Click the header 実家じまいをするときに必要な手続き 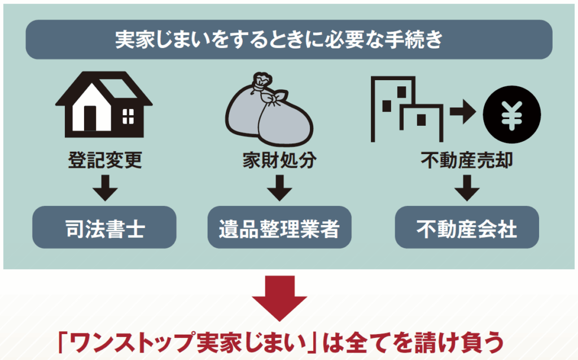[x=279, y=39]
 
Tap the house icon [x=104, y=104]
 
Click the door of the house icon [x=90, y=118]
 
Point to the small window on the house [x=128, y=116]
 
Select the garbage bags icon [x=269, y=110]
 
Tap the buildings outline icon [x=407, y=109]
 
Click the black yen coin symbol [x=512, y=114]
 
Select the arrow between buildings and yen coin [x=463, y=111]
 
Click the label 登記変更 [x=105, y=160]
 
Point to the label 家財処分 [x=279, y=160]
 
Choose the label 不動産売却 [x=467, y=160]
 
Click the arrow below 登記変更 [x=105, y=188]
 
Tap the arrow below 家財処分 [x=279, y=188]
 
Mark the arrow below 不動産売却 [x=467, y=188]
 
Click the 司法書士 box [x=104, y=227]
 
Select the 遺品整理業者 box [x=279, y=227]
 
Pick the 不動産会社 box [x=467, y=227]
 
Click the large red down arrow [x=279, y=298]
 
